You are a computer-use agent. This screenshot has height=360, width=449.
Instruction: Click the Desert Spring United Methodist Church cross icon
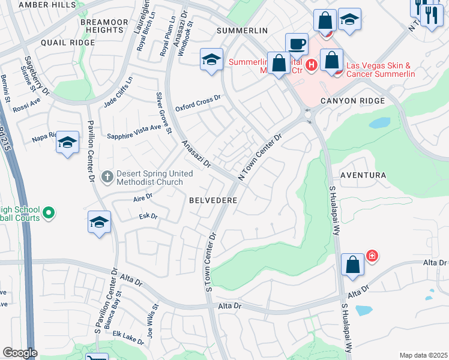point(106,177)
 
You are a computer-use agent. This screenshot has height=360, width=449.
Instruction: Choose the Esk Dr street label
point(148,216)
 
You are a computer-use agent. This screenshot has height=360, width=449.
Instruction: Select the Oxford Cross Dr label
point(198,103)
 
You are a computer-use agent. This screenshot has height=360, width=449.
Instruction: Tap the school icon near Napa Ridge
point(68,143)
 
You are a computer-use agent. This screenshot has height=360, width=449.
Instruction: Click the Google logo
point(20,353)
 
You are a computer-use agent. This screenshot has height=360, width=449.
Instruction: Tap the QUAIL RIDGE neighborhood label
point(68,43)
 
